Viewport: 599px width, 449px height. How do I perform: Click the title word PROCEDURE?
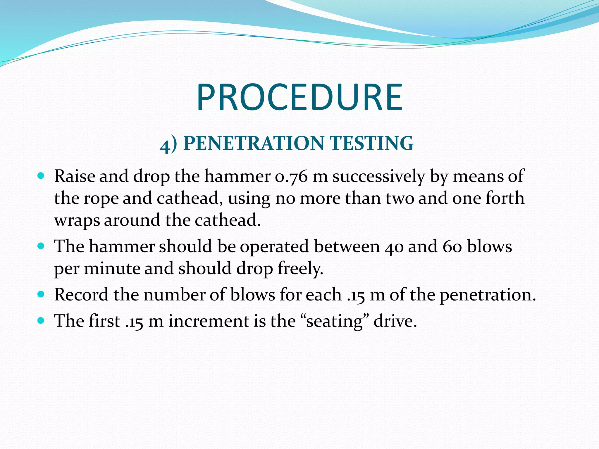click(x=299, y=97)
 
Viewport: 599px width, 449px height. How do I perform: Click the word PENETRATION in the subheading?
click(x=254, y=143)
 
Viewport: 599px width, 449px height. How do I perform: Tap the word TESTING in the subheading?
click(x=371, y=143)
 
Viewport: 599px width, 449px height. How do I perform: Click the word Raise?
click(x=74, y=177)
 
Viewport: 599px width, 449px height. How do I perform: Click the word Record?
click(x=81, y=295)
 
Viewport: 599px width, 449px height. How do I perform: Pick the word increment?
click(x=209, y=321)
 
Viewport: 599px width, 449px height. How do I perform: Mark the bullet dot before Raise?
click(x=41, y=176)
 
